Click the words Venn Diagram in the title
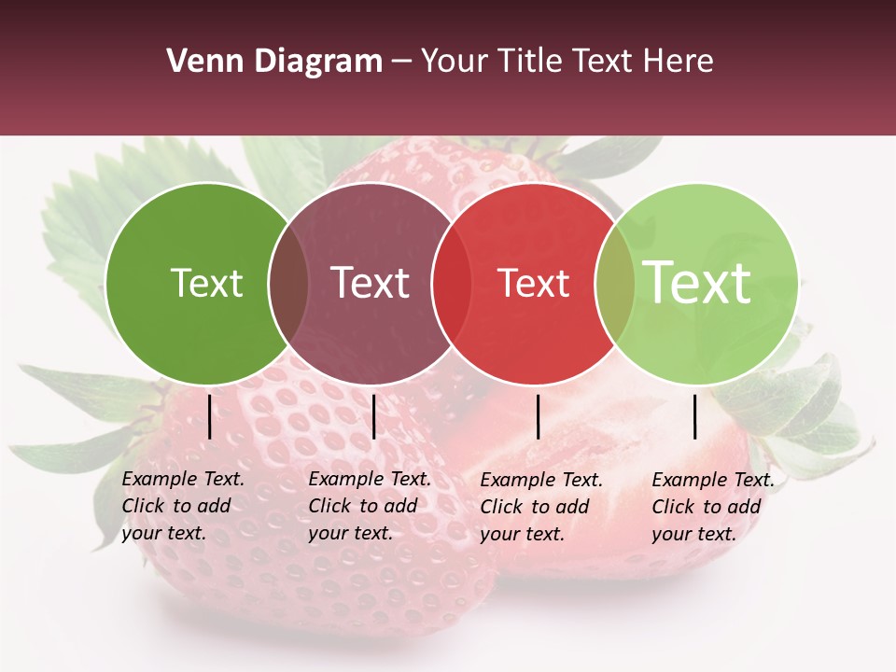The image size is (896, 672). pos(274,62)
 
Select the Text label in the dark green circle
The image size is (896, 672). pos(206,283)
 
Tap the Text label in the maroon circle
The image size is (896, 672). pos(370,283)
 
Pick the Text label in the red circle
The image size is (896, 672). pos(533,283)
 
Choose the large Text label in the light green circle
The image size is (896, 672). pos(697,282)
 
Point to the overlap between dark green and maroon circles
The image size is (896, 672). pos(288,284)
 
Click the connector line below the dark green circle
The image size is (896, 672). pos(210,416)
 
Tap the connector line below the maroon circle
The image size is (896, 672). pos(373,416)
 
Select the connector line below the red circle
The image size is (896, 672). pos(539,416)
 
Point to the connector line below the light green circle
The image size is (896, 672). pos(695,416)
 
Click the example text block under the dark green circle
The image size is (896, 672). pos(183,507)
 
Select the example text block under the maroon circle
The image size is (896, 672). pos(370,507)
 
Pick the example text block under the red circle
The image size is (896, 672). pos(541,507)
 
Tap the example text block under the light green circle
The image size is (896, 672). pos(713,507)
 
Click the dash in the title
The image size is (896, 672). pos(401,62)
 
